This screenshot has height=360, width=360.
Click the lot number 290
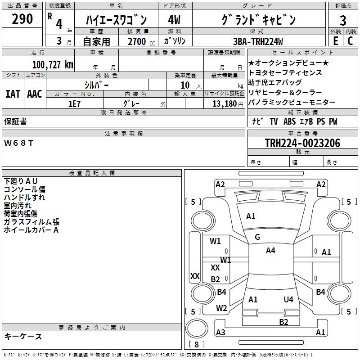point(22,19)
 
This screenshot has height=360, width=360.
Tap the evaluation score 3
point(343,21)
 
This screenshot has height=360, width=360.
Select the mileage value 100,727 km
point(53,64)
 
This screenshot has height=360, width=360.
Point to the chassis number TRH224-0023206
point(302,144)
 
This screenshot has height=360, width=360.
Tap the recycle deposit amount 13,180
point(225,103)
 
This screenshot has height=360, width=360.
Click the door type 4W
point(174,20)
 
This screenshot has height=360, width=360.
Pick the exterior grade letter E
point(335,41)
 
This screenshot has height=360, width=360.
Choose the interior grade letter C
point(350,41)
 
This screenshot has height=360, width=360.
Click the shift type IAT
point(13,94)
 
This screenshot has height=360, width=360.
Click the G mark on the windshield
point(257,237)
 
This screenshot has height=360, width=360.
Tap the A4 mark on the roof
point(270,251)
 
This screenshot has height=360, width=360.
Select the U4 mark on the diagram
point(288,299)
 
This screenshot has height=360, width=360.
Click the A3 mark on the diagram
point(220,333)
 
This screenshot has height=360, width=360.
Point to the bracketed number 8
point(196,345)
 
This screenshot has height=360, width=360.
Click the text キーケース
point(23,337)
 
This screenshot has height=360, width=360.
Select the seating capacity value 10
point(185,85)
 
